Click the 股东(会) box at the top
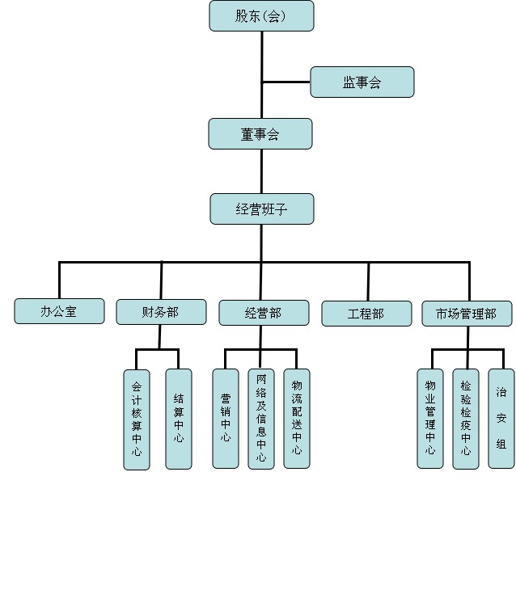pyautogui.click(x=261, y=16)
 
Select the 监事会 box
pyautogui.click(x=362, y=82)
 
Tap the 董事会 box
pyautogui.click(x=260, y=134)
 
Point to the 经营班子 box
pyautogui.click(x=261, y=209)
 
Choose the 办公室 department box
pyautogui.click(x=59, y=311)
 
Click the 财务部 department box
pyautogui.click(x=161, y=312)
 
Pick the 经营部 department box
pyautogui.click(x=263, y=313)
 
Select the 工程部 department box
pyautogui.click(x=366, y=314)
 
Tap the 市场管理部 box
pyautogui.click(x=467, y=314)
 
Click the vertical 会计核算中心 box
pyautogui.click(x=137, y=419)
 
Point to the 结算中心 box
pyautogui.click(x=179, y=418)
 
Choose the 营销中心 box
pyautogui.click(x=225, y=418)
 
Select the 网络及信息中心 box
pyautogui.click(x=260, y=418)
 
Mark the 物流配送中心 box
pyautogui.click(x=297, y=418)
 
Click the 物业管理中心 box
pyautogui.click(x=430, y=418)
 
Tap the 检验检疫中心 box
pyautogui.click(x=466, y=418)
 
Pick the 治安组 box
pyautogui.click(x=501, y=418)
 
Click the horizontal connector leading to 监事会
pyautogui.click(x=286, y=82)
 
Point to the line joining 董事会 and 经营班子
pyautogui.click(x=261, y=171)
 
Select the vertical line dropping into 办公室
pyautogui.click(x=59, y=280)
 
